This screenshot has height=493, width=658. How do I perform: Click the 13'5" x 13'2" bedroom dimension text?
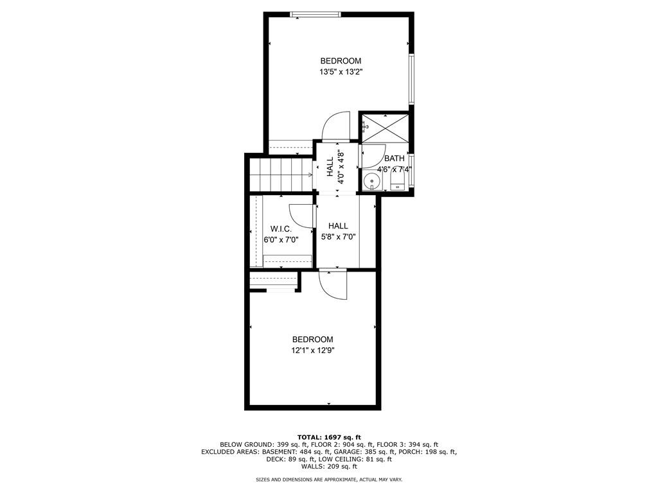[x=341, y=72]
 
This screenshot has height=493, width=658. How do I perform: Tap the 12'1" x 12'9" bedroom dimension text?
[x=313, y=350]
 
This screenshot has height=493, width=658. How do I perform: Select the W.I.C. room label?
[x=281, y=229]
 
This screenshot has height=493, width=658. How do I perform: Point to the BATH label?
[x=395, y=159]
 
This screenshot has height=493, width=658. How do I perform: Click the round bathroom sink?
[x=372, y=182]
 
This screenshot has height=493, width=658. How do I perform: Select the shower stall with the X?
[x=385, y=128]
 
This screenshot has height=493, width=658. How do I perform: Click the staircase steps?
[x=280, y=175]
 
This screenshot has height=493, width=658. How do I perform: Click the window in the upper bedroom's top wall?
[x=316, y=15]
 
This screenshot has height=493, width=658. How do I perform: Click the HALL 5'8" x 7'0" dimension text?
[x=338, y=237]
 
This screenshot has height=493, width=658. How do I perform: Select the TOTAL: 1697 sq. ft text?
[x=329, y=437]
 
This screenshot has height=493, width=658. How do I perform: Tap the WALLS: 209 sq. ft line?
[x=329, y=466]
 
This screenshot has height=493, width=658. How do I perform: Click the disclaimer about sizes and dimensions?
[x=329, y=480]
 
